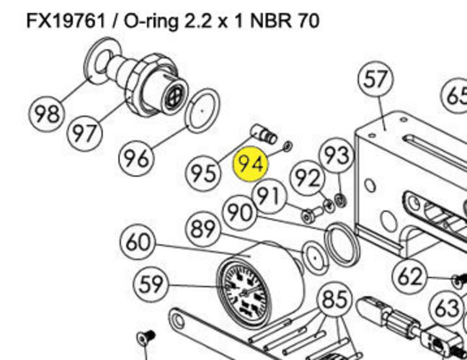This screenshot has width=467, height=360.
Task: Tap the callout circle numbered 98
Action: (47, 113)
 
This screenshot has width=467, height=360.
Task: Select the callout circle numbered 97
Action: (86, 133)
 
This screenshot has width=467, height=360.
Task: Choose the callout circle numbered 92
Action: (307, 177)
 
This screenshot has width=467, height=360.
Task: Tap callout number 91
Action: (268, 196)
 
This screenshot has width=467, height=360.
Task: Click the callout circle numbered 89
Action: (204, 230)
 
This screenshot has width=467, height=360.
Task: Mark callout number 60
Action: (138, 242)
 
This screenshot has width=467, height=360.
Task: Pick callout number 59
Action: (152, 284)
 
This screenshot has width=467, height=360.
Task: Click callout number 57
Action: (376, 79)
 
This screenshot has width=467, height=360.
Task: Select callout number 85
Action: (334, 299)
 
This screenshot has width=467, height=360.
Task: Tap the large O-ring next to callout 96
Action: (203, 110)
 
